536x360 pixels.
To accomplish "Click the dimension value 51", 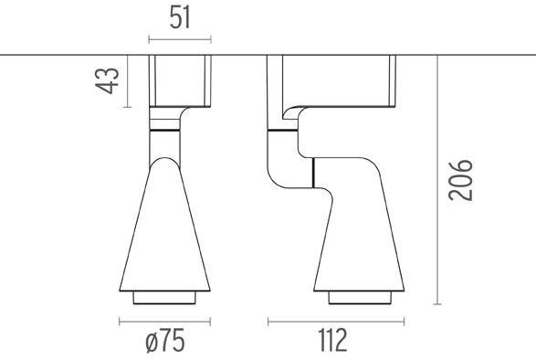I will [179, 17].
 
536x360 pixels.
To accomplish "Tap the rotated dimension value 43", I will [109, 80].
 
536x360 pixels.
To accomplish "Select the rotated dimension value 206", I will [463, 181].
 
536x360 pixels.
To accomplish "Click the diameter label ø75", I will [164, 342].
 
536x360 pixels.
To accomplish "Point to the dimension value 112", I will [333, 342].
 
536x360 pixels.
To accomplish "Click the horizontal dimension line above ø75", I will [164, 321].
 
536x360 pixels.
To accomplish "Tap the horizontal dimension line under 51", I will [179, 39].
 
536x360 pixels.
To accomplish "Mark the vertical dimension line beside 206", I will [438, 180].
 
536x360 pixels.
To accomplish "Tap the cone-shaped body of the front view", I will [165, 228].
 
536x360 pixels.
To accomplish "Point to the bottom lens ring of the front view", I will [165, 298].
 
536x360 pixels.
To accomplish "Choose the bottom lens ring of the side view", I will [359, 298].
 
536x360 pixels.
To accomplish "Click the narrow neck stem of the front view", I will [165, 144].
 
